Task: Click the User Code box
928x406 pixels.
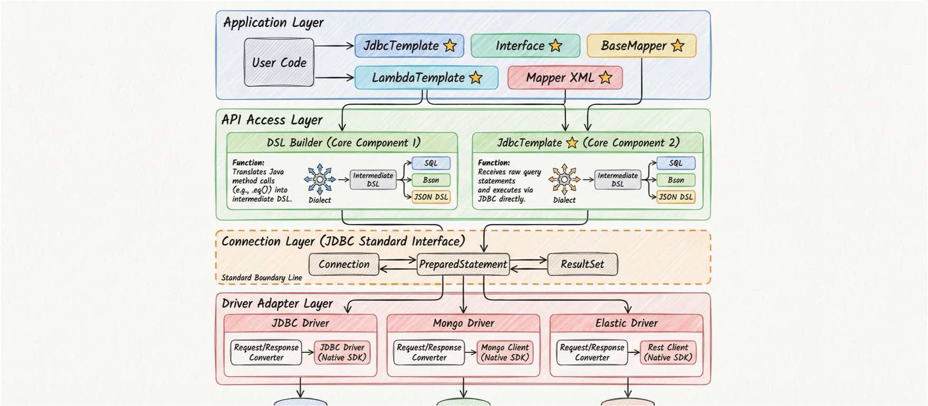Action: [279, 62]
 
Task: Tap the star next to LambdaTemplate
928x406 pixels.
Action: [476, 78]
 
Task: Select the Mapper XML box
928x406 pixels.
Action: [565, 78]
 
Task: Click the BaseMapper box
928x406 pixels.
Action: [641, 46]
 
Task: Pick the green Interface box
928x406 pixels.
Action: [525, 46]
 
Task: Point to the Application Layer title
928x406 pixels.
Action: [273, 23]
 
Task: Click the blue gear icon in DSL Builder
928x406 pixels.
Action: [320, 179]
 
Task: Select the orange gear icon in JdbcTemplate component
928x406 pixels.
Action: [564, 179]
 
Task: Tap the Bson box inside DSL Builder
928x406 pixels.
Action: [430, 180]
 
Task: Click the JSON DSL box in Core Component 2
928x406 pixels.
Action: [675, 197]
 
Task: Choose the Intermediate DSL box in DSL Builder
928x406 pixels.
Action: [373, 180]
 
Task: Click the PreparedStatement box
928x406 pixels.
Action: [463, 264]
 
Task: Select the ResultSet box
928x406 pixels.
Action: [582, 264]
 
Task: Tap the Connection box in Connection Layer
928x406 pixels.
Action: [343, 264]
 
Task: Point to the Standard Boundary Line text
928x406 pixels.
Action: [262, 278]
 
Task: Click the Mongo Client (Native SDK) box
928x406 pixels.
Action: [505, 352]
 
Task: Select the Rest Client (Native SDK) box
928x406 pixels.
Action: [668, 352]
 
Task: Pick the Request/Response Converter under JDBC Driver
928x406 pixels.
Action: [266, 352]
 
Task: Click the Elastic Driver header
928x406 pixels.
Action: [626, 323]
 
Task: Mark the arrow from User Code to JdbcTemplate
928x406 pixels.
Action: [334, 46]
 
